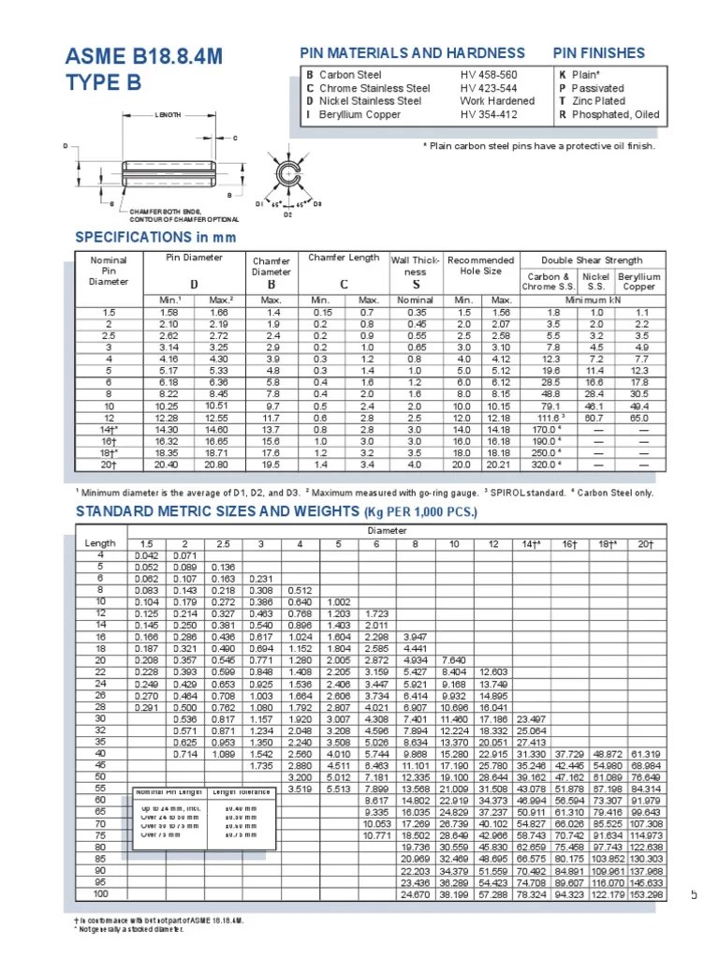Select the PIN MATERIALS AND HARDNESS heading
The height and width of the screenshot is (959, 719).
[x=411, y=52]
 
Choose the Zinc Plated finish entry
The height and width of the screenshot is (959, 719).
[x=598, y=101]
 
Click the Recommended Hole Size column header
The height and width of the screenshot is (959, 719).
[x=480, y=265]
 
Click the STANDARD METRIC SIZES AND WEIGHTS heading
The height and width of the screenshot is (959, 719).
[x=275, y=511]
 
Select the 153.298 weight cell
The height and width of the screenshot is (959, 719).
[x=645, y=894]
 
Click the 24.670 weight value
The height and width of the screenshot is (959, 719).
[x=415, y=894]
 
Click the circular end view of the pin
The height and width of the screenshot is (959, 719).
[x=289, y=176]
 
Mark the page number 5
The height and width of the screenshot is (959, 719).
[x=694, y=894]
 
